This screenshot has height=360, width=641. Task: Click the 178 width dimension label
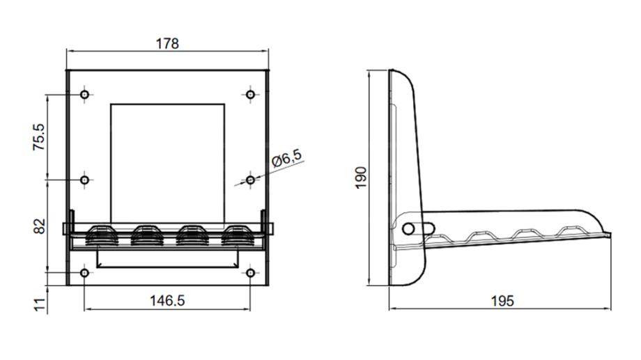click(x=167, y=43)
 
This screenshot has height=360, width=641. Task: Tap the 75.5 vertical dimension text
click(x=40, y=136)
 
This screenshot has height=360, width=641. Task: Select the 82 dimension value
click(x=40, y=226)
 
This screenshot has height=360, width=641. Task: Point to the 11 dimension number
click(x=40, y=304)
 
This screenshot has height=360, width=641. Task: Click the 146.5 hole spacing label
click(x=167, y=301)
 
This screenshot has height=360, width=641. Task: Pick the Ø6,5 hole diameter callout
click(x=286, y=158)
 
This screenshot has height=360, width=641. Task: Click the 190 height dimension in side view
click(x=361, y=178)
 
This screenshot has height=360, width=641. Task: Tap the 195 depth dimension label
click(x=502, y=301)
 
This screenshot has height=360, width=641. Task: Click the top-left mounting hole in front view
click(x=84, y=95)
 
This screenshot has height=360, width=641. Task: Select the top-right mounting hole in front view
click(x=250, y=95)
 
